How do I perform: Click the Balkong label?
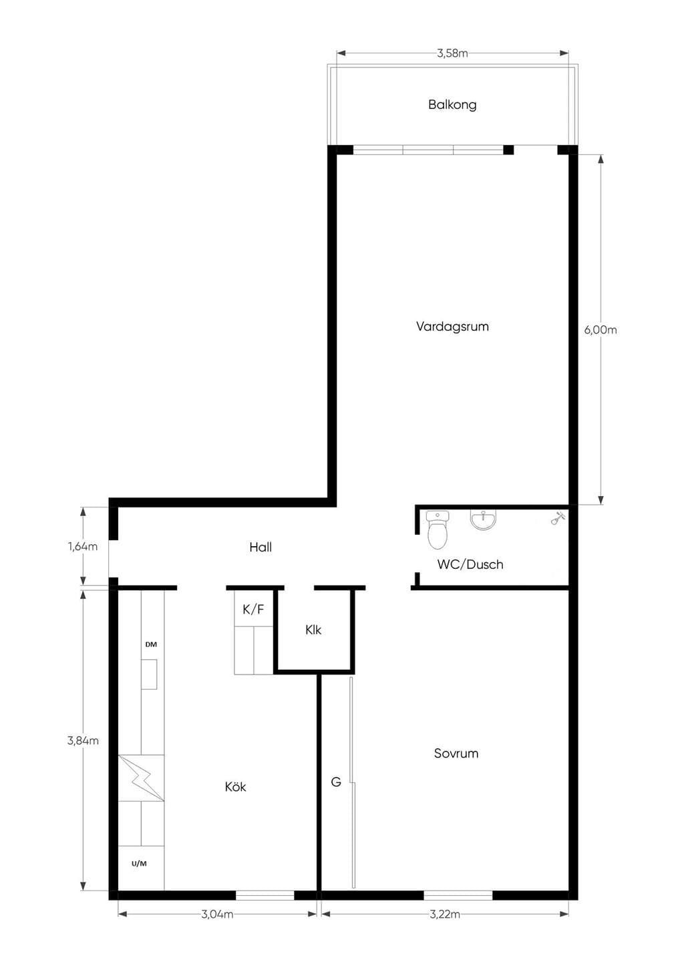coord(452,105)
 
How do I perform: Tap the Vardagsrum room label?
coord(452,327)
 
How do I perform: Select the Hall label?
coord(261,547)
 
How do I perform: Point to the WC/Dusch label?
coord(470,564)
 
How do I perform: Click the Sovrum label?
coord(456,753)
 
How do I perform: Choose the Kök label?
coord(235,787)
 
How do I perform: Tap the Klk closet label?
coord(313,630)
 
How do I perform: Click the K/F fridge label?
coord(253,610)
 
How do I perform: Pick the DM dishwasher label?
coord(151,644)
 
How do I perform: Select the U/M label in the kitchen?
coord(139,864)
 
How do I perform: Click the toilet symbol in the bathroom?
coord(438,530)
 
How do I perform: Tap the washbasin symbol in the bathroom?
coord(483,520)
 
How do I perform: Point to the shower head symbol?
coord(558,517)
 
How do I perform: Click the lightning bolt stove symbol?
coord(141,778)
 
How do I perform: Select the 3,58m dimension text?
coord(452,53)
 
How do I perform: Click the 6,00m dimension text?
coord(601,330)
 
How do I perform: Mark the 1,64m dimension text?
coord(82,547)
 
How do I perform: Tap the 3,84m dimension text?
coord(83,741)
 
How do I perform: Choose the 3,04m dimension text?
coord(217,914)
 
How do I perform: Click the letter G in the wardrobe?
coord(336,781)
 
